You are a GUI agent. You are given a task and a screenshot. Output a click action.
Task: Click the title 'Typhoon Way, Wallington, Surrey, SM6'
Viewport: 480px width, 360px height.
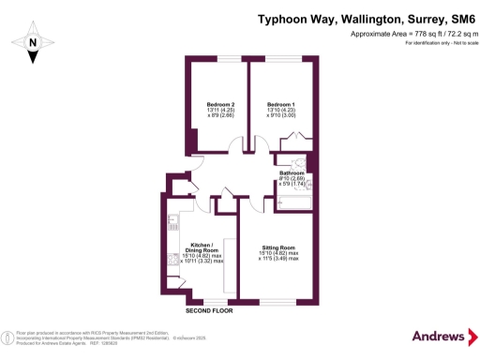[x=366, y=17]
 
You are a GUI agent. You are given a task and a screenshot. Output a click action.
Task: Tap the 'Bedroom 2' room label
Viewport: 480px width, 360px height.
[x=219, y=104]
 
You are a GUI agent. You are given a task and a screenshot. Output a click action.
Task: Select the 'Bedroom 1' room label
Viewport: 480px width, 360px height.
[x=280, y=104]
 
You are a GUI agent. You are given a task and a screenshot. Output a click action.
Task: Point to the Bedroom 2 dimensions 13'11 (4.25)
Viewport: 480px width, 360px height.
[x=219, y=112]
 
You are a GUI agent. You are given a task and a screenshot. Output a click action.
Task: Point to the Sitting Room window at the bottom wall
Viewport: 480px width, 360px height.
[x=278, y=302]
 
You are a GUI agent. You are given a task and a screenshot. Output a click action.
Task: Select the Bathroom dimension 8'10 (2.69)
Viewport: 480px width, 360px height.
[x=292, y=181]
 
